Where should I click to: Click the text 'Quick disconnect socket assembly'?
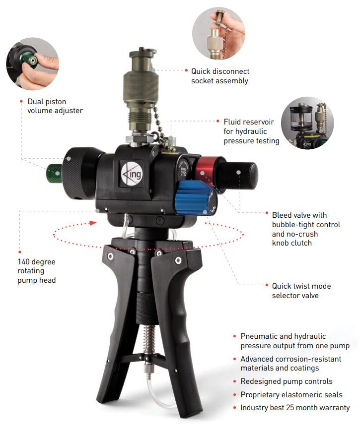pyautogui.click(x=220, y=76)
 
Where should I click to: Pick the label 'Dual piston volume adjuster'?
pyautogui.click(x=55, y=106)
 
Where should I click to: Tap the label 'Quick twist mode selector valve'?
pyautogui.click(x=301, y=291)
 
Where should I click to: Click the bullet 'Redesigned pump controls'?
pyautogui.click(x=287, y=381)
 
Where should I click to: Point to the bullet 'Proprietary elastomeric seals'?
pyautogui.click(x=291, y=395)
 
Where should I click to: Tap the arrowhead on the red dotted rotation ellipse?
pyautogui.click(x=92, y=223)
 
